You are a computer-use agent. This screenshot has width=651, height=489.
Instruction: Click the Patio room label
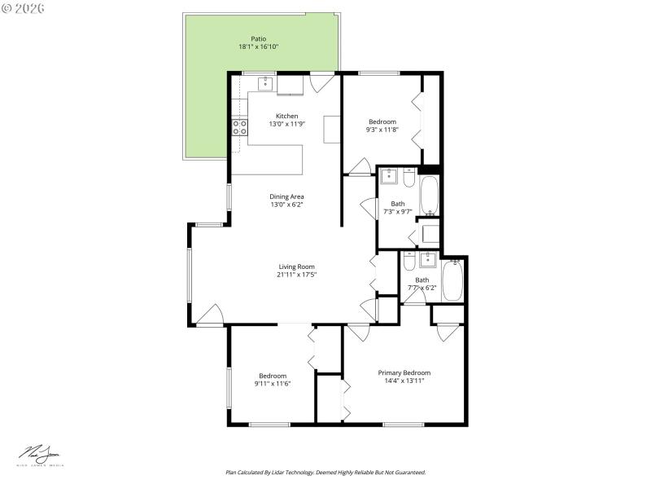[x=258, y=38]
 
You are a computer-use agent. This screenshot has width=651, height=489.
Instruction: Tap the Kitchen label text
[x=286, y=116]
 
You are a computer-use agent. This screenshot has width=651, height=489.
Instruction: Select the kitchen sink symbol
[x=265, y=82]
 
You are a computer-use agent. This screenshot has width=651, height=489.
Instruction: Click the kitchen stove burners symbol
[x=240, y=127]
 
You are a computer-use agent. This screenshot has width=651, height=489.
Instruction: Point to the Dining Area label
[x=286, y=196]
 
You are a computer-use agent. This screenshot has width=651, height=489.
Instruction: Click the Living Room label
[x=296, y=267]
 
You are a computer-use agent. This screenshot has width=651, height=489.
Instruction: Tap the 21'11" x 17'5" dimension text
[x=296, y=275]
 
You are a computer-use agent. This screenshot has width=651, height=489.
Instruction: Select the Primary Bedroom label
[x=404, y=372]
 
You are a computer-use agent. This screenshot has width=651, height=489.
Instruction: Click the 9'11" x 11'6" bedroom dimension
[x=273, y=384]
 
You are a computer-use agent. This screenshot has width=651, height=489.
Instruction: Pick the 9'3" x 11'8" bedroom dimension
[x=382, y=130]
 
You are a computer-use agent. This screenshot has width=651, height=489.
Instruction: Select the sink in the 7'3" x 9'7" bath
[x=390, y=175]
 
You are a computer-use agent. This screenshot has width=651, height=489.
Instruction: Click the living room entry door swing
[x=210, y=315]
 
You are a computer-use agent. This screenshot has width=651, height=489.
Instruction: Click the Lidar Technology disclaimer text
[x=325, y=472]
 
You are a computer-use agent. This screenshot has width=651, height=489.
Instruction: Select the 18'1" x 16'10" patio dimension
[x=258, y=47]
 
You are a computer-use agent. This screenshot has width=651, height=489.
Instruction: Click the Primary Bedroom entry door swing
[x=358, y=333]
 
